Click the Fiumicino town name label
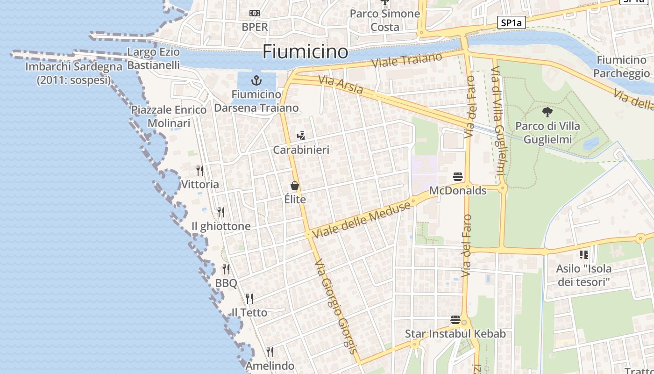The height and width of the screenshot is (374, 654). pyautogui.click(x=305, y=51)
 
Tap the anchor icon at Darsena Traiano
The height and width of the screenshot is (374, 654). pyautogui.click(x=256, y=80)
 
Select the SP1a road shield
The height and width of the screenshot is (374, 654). pyautogui.click(x=511, y=22)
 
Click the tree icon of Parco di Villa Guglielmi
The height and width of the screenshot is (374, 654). pyautogui.click(x=547, y=112)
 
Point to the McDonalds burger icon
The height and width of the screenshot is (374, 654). pyautogui.click(x=458, y=177)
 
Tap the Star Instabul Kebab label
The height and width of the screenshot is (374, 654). pyautogui.click(x=455, y=334)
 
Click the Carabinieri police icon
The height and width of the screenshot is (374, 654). pyautogui.click(x=301, y=136)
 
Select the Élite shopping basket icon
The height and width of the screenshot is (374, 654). pyautogui.click(x=295, y=186)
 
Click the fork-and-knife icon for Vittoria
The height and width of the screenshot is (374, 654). pyautogui.click(x=200, y=170)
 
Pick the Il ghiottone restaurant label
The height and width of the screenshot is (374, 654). pyautogui.click(x=221, y=226)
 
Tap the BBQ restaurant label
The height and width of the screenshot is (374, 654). pyautogui.click(x=226, y=283)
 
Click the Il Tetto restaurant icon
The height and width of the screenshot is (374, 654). pyautogui.click(x=249, y=298)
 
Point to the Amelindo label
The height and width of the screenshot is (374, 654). pyautogui.click(x=270, y=366)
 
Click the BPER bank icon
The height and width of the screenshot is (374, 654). pyautogui.click(x=255, y=13)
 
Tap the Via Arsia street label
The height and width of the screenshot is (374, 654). pyautogui.click(x=341, y=85)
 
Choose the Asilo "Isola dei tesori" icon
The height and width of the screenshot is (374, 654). pyautogui.click(x=583, y=255)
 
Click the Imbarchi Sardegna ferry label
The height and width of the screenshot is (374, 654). pyautogui.click(x=74, y=73)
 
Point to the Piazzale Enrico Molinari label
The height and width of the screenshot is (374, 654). pyautogui.click(x=169, y=116)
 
